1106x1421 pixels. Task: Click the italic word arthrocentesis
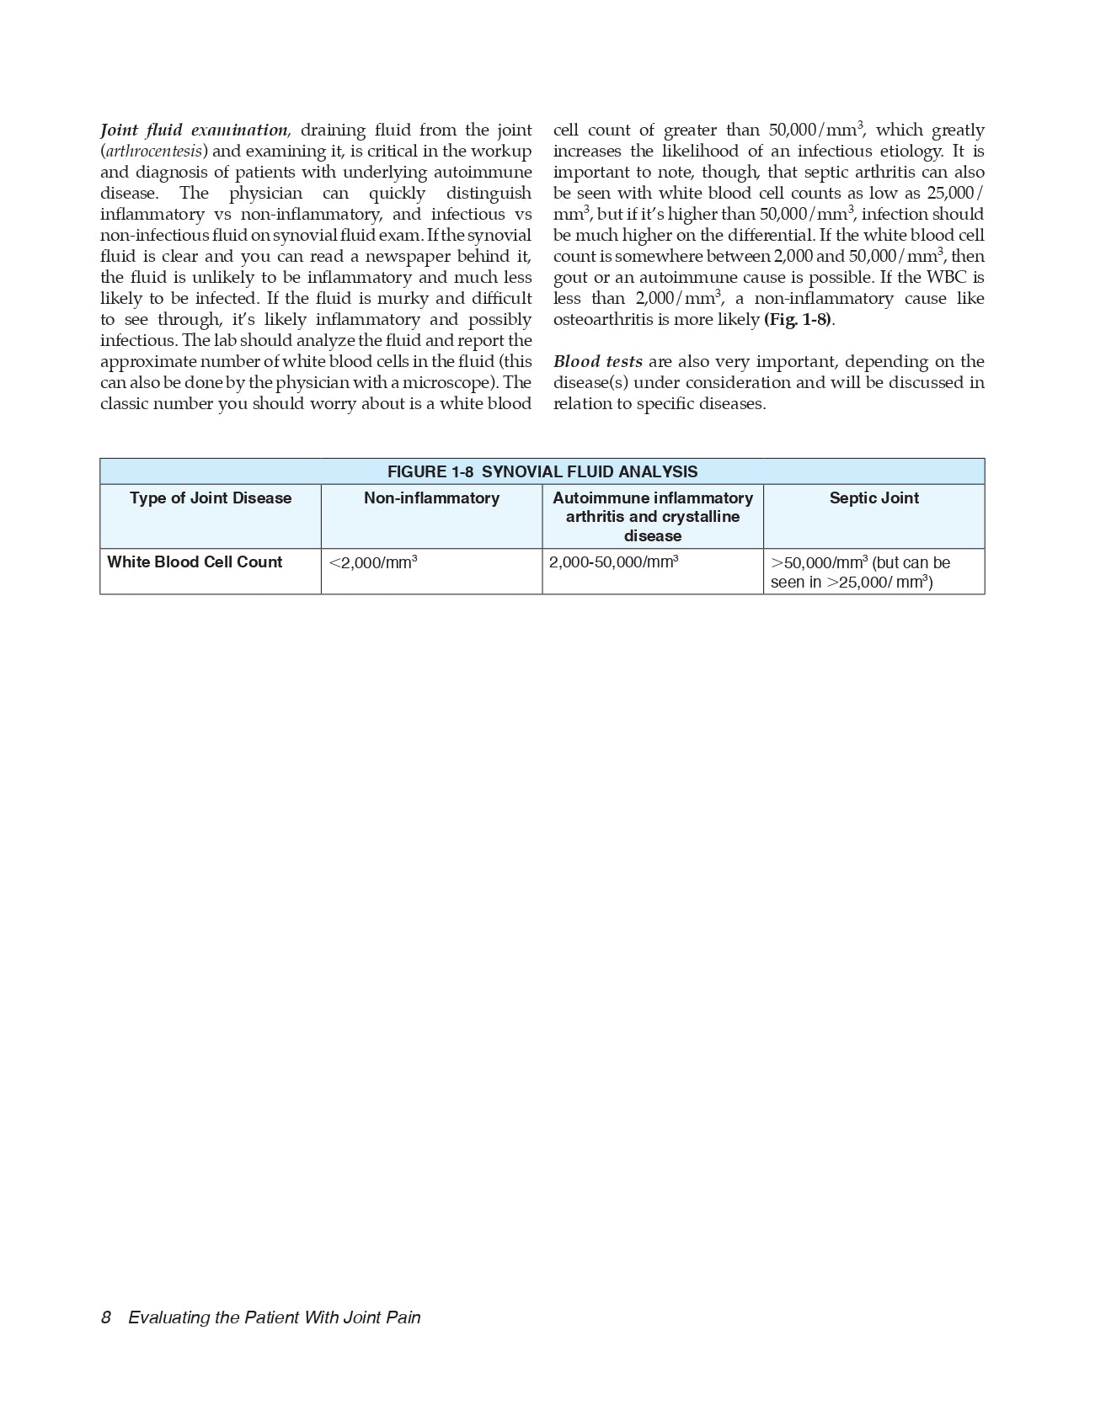point(153,152)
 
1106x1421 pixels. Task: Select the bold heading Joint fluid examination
point(194,130)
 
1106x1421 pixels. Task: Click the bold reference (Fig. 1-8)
point(798,320)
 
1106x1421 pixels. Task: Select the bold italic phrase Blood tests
point(597,362)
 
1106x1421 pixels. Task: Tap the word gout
point(570,278)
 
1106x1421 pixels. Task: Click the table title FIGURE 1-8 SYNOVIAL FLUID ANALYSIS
point(542,471)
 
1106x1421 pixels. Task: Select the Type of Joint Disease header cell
point(211,498)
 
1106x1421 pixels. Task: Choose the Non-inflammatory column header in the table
point(431,498)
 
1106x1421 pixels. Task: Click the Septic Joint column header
point(874,498)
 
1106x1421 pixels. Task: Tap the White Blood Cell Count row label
point(195,562)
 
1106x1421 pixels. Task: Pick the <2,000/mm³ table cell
point(373,562)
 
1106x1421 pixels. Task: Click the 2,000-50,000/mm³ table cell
point(613,562)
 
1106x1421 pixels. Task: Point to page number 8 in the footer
point(106,1317)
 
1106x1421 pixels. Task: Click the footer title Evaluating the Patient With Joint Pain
point(274,1317)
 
